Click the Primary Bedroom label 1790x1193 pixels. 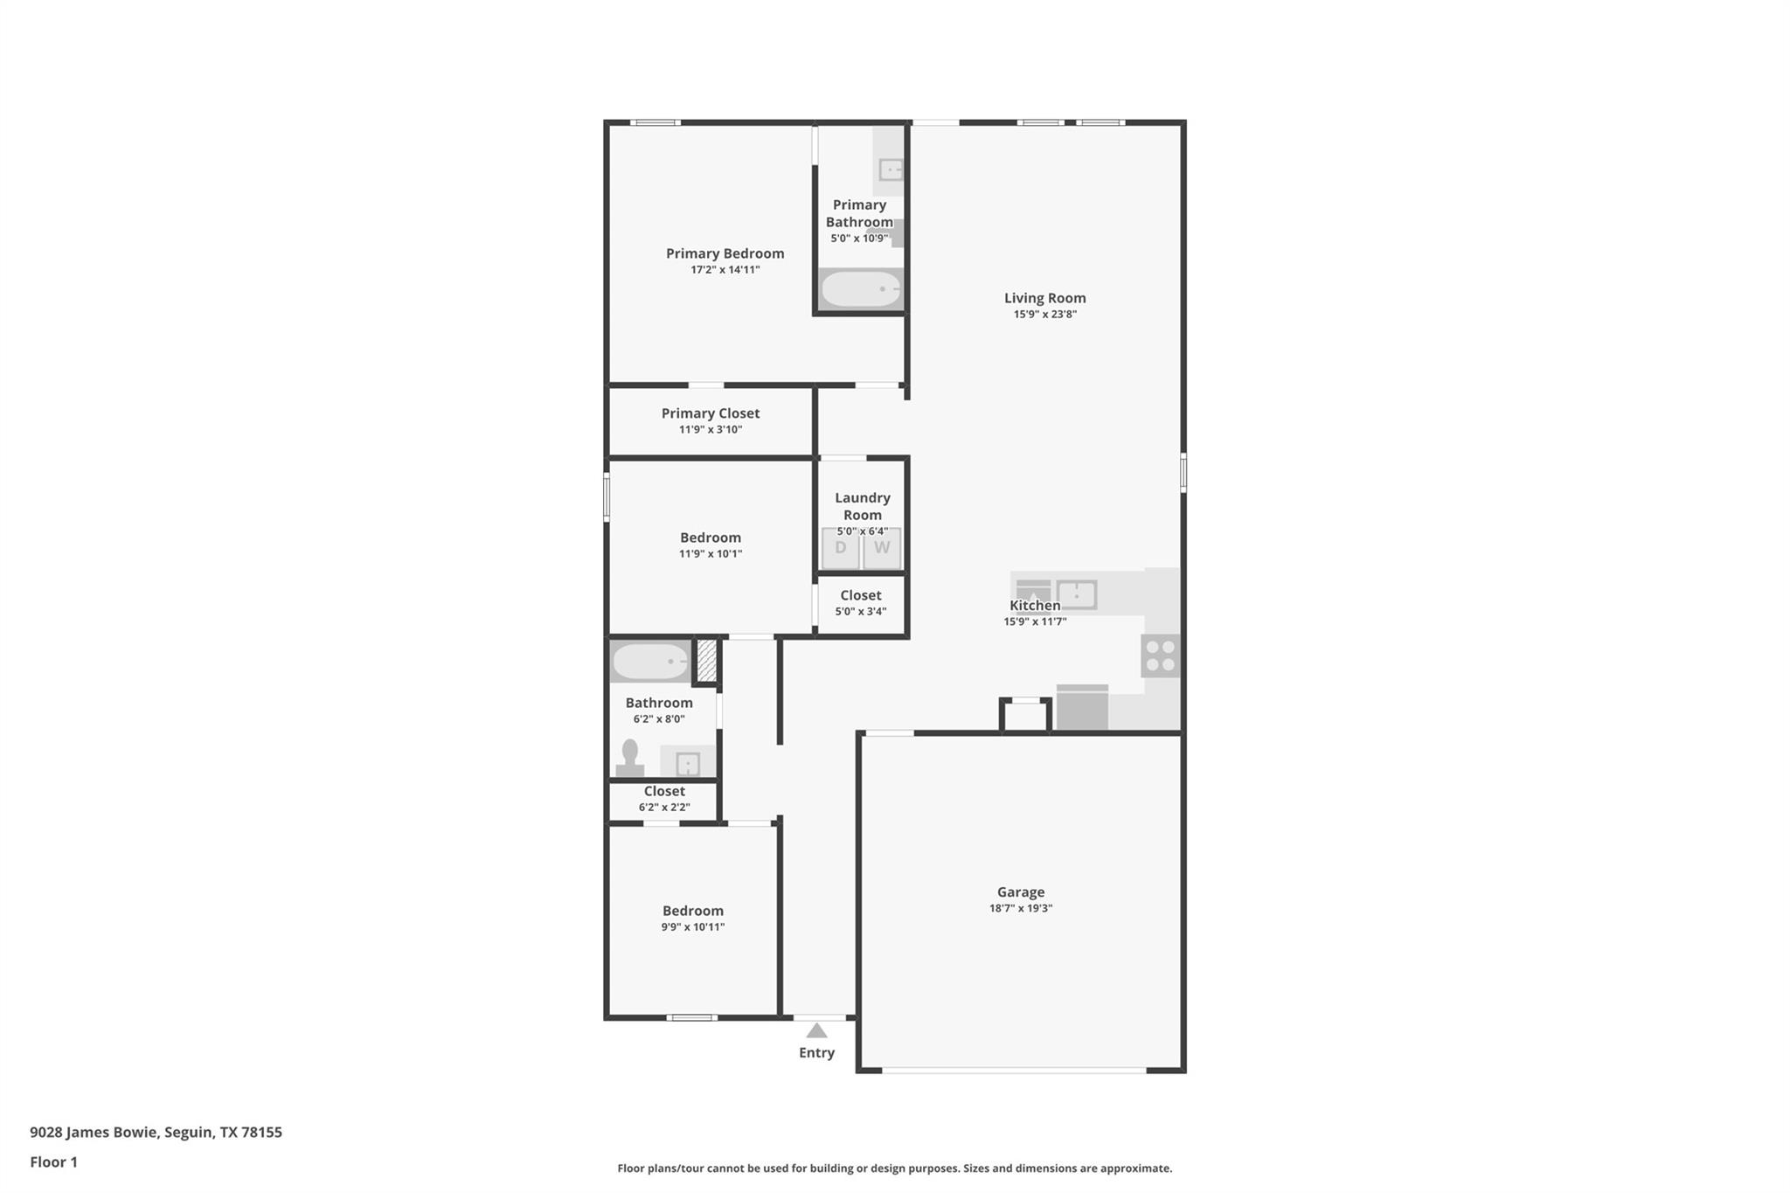point(725,253)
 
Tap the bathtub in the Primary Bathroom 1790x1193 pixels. point(861,289)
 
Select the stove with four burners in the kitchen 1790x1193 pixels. point(1161,655)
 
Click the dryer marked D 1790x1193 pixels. point(841,549)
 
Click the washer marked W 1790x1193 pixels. point(882,549)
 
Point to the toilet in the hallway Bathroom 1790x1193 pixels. point(630,758)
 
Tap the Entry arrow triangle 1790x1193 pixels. point(816,1030)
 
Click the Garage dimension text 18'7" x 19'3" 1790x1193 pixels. point(1021,908)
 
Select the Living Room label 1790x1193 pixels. point(1045,298)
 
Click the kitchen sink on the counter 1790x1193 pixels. point(1077,594)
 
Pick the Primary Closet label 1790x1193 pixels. point(711,413)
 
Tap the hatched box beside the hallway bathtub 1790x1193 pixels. point(706,662)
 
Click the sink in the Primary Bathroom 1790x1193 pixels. point(891,170)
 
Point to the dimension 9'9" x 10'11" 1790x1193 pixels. point(693,927)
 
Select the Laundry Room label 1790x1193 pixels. point(863,506)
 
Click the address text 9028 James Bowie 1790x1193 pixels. point(94,1133)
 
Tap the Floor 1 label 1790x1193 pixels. point(54,1162)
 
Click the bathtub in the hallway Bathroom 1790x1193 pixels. point(651,662)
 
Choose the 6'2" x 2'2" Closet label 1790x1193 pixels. point(664,791)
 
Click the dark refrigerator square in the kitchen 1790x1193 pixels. point(1082,707)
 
